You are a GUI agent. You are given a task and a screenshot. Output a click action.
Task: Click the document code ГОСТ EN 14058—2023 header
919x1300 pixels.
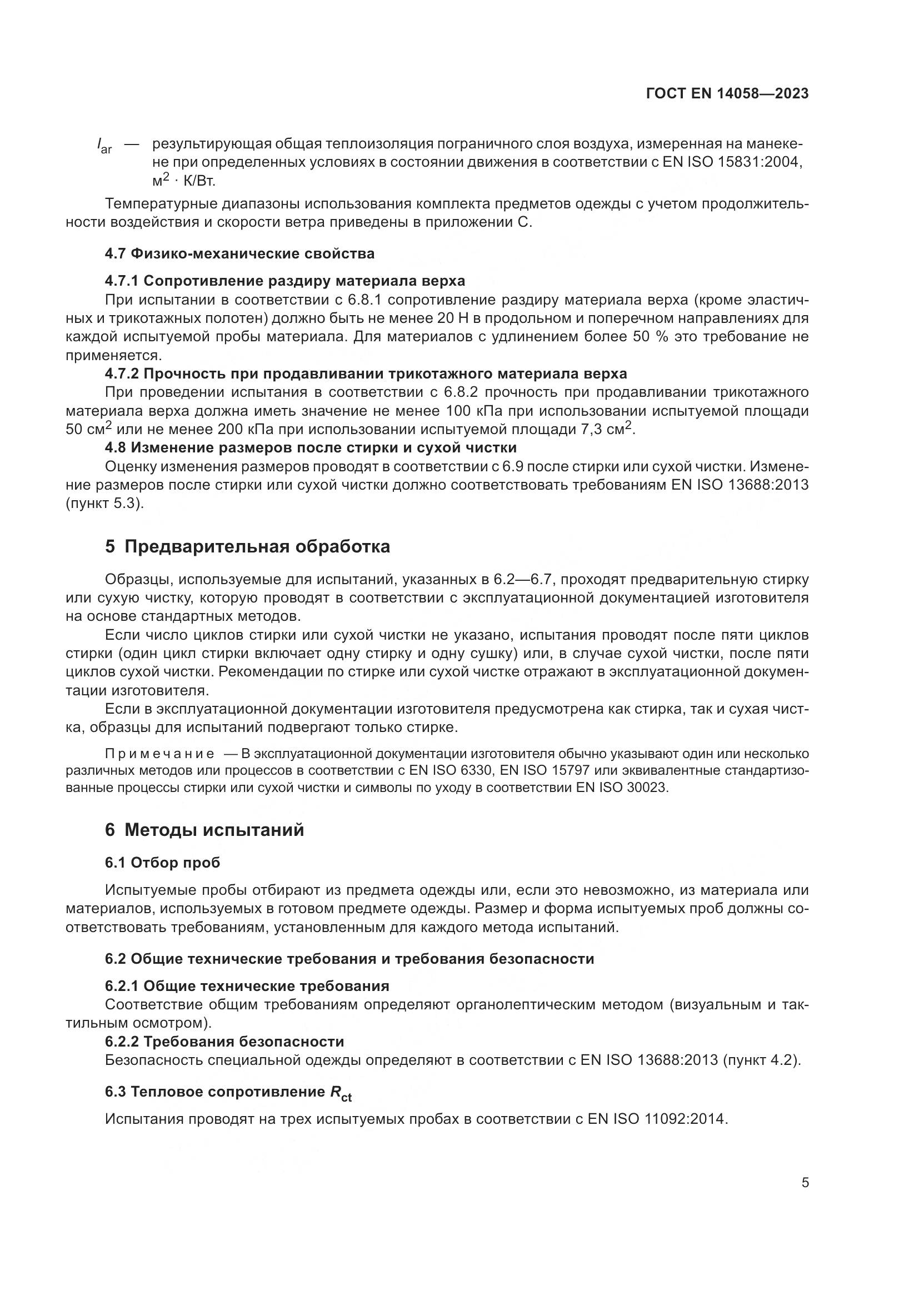point(727,94)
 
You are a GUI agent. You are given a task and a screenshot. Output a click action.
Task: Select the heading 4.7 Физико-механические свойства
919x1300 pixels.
point(239,253)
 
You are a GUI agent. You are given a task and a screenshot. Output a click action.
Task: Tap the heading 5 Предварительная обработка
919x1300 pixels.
point(247,546)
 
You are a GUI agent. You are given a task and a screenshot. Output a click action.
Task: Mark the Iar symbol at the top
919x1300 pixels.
point(104,146)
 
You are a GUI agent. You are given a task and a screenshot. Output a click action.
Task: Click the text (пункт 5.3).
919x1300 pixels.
point(104,503)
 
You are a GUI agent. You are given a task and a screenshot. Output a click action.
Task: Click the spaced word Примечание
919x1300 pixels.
point(159,754)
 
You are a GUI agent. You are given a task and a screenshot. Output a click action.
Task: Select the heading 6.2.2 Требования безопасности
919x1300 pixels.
point(224,1041)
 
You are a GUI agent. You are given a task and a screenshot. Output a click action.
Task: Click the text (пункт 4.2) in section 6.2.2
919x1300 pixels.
point(761,1060)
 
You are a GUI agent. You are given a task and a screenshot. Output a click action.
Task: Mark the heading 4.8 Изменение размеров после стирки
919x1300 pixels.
point(311,448)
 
